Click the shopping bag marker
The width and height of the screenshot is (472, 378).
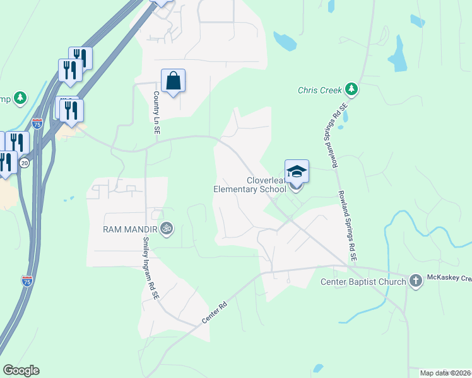(173, 81)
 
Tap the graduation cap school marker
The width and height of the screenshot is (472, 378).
(297, 171)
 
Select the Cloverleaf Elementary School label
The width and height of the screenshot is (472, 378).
(249, 183)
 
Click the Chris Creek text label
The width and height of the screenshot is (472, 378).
(319, 90)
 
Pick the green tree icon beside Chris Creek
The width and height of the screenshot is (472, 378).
(351, 89)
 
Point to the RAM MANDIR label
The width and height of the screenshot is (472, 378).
(131, 228)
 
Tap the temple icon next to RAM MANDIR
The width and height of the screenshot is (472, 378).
(167, 228)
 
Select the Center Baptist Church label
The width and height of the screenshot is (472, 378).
(363, 282)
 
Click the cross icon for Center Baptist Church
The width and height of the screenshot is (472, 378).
(415, 281)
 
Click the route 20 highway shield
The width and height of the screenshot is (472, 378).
(25, 163)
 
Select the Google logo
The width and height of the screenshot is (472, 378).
(21, 370)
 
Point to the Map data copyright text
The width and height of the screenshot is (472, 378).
(445, 373)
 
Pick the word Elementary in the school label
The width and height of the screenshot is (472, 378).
(239, 188)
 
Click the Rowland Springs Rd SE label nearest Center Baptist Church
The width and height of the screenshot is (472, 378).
(347, 227)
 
